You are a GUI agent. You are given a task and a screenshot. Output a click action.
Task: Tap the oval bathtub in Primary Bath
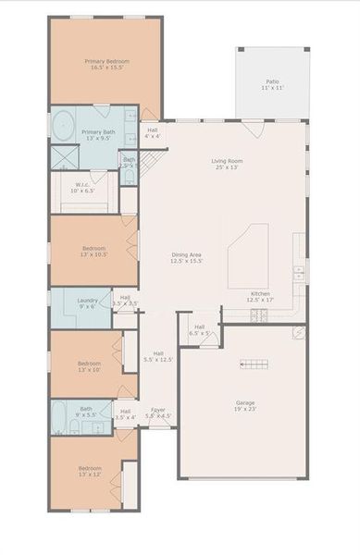63,124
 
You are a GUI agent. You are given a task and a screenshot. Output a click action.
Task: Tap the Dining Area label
187,258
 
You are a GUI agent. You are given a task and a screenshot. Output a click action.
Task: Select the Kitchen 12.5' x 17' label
260,297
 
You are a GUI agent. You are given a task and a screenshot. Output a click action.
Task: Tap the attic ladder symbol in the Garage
254,364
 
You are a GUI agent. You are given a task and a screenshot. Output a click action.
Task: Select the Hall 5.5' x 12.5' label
158,356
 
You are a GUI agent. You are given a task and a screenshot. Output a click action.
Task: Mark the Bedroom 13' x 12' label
89,472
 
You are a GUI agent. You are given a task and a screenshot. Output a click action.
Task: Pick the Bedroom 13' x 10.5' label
93,251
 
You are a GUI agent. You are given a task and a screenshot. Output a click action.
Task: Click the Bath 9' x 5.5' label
85,412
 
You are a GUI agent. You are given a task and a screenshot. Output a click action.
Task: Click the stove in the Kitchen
260,315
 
